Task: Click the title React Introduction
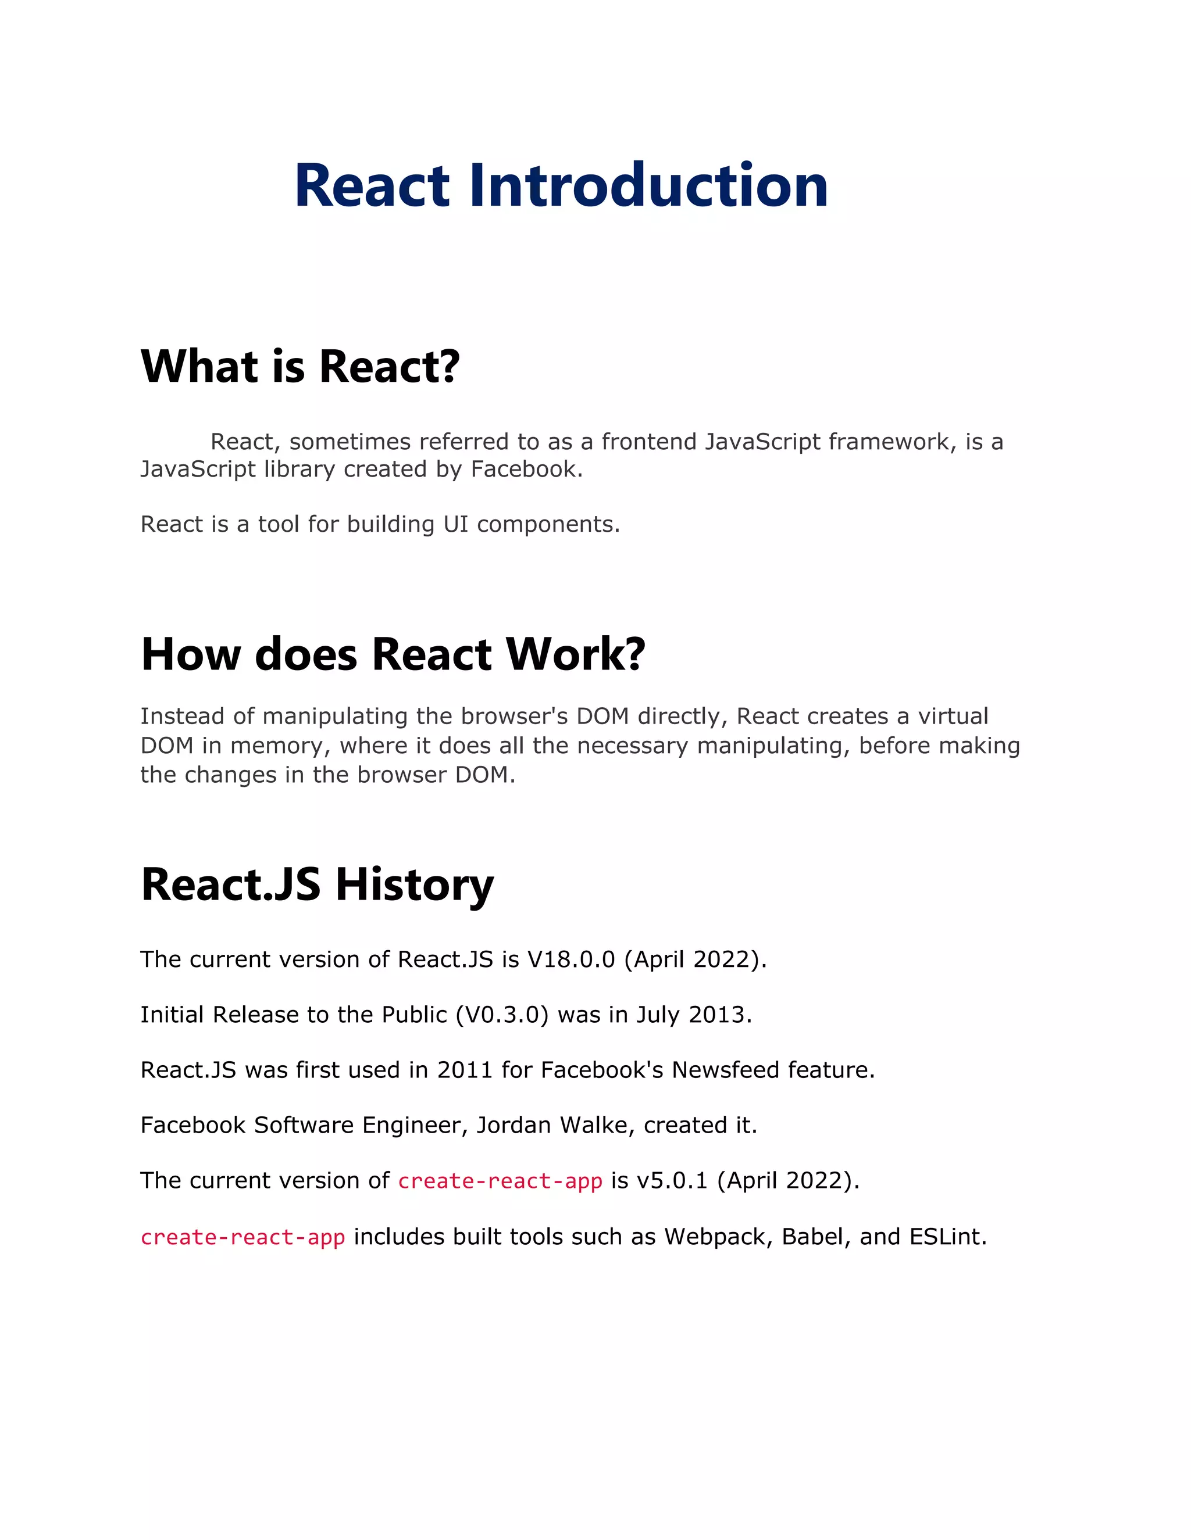pyautogui.click(x=561, y=185)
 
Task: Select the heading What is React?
pyautogui.click(x=300, y=367)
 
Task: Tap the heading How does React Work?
pyautogui.click(x=393, y=654)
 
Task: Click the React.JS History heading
pyautogui.click(x=317, y=884)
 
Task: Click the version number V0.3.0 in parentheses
pyautogui.click(x=502, y=1015)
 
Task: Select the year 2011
pyautogui.click(x=464, y=1070)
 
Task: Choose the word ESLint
pyautogui.click(x=947, y=1237)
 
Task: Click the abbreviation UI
pyautogui.click(x=456, y=525)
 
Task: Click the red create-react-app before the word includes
pyautogui.click(x=243, y=1237)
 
